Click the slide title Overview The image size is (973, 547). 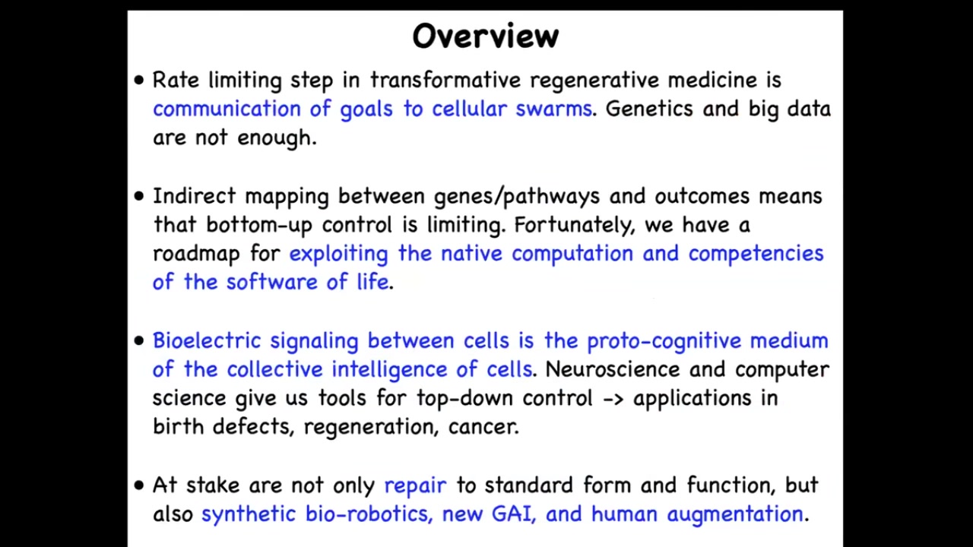[485, 36]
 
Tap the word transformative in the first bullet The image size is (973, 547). [445, 80]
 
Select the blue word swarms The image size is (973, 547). [554, 109]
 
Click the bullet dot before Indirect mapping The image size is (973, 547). [139, 196]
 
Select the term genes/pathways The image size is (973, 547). [517, 197]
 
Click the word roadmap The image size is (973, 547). [196, 254]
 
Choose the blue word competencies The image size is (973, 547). [756, 254]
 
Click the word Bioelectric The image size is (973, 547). [207, 340]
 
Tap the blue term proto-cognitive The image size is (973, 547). [664, 341]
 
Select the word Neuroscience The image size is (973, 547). [612, 369]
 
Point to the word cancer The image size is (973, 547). [483, 427]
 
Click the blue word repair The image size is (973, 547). [415, 485]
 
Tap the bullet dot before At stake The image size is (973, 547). [139, 485]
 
